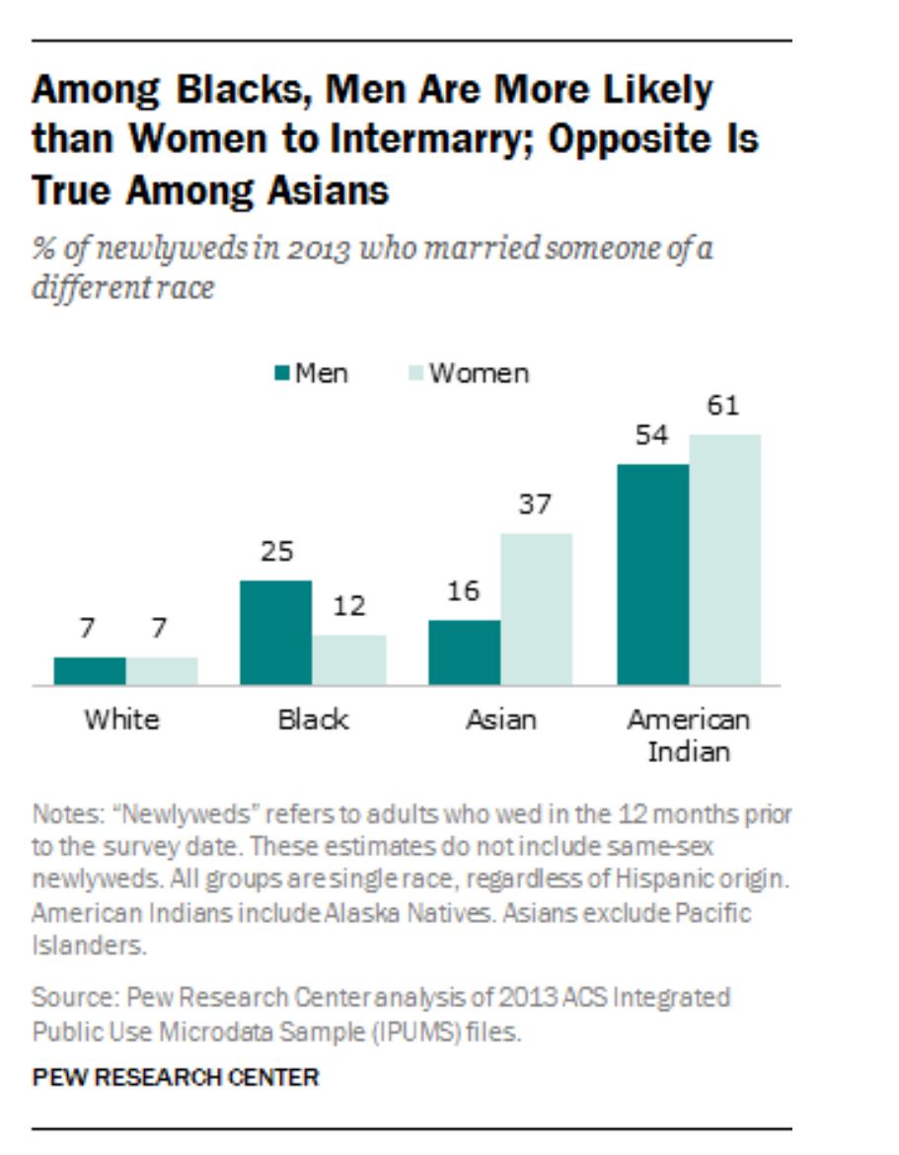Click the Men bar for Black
(x=276, y=633)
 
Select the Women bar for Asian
(x=536, y=609)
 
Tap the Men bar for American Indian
(x=652, y=575)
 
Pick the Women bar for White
(x=162, y=671)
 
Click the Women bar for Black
(x=349, y=659)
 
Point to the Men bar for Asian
(x=464, y=653)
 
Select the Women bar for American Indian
(x=725, y=560)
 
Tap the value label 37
(x=535, y=504)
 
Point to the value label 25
(x=276, y=551)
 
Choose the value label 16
(x=463, y=591)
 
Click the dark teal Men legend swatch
(x=281, y=373)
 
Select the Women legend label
(x=479, y=373)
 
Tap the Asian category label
(x=500, y=719)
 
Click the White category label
(x=121, y=719)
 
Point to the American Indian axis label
(x=689, y=734)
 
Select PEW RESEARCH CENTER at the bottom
(x=176, y=1077)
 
